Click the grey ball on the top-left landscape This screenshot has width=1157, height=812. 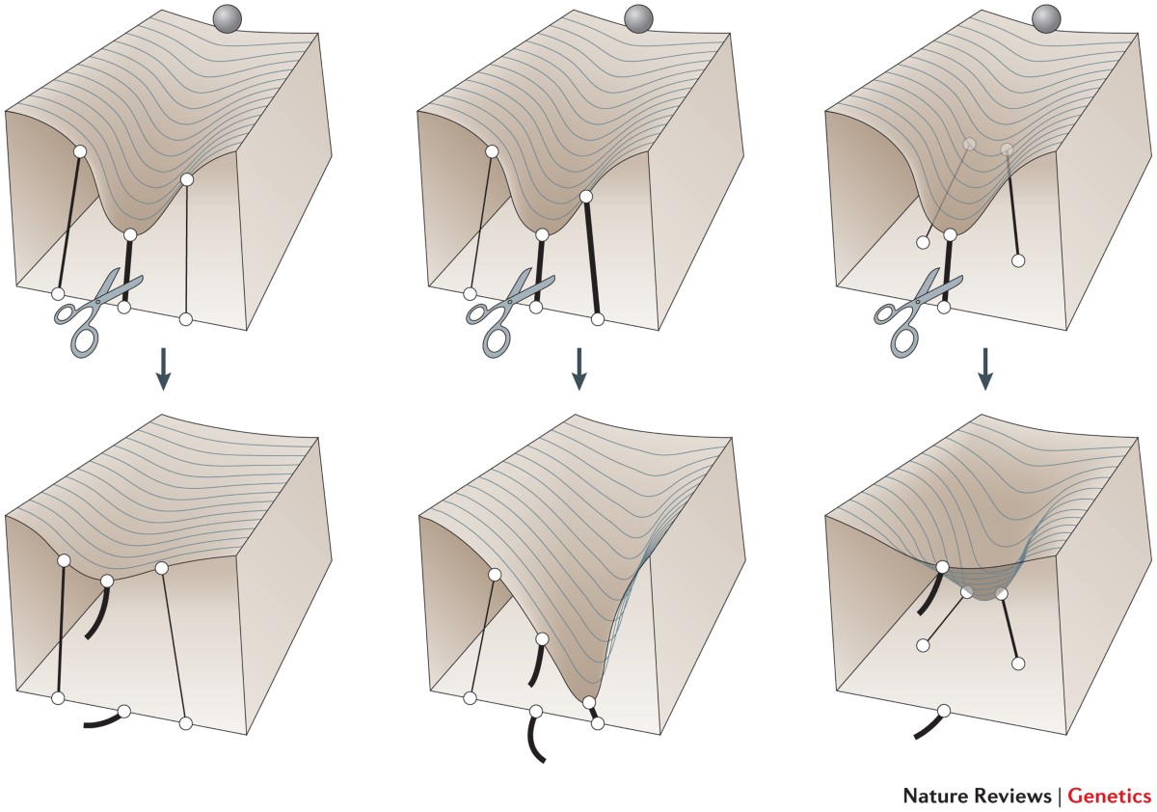[228, 18]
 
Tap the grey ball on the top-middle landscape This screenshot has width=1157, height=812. [639, 18]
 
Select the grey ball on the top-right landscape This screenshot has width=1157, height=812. [1046, 18]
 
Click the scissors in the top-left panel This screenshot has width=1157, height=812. [95, 313]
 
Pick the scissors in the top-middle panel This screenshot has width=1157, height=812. [507, 313]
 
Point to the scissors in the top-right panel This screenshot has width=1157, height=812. [915, 313]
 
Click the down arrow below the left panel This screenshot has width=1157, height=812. [163, 369]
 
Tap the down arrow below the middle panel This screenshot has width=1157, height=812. [579, 369]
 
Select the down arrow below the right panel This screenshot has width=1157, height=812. [985, 369]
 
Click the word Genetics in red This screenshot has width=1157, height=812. [1110, 796]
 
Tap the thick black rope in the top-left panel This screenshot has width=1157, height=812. [127, 271]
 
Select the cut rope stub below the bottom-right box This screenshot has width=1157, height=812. [928, 724]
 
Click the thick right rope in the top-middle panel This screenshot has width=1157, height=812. [592, 258]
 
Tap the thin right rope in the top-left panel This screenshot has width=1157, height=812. [186, 250]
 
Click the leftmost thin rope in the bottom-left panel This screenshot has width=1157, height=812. [61, 629]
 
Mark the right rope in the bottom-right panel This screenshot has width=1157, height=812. [1010, 629]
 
